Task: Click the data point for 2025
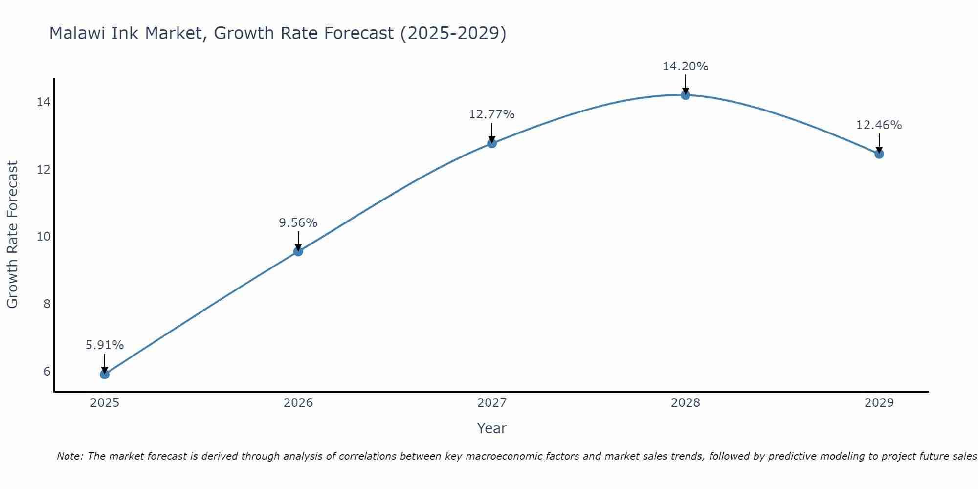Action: click(x=105, y=374)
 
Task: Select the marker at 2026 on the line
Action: click(x=298, y=251)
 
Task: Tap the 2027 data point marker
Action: click(x=492, y=143)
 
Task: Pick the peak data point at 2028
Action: click(x=686, y=95)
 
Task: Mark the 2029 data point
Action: click(x=879, y=154)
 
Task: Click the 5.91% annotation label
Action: click(x=105, y=345)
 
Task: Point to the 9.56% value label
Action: click(x=298, y=223)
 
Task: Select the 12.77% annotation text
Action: click(x=492, y=114)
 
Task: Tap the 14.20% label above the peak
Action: click(x=686, y=67)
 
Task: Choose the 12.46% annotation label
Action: click(x=879, y=125)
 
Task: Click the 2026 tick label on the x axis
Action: click(x=298, y=403)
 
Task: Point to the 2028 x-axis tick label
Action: click(x=686, y=403)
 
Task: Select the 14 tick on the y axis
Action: click(x=44, y=102)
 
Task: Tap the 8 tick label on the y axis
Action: click(x=47, y=304)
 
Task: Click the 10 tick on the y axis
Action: click(x=44, y=237)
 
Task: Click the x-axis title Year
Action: click(x=492, y=428)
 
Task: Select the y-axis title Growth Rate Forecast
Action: click(x=13, y=235)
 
